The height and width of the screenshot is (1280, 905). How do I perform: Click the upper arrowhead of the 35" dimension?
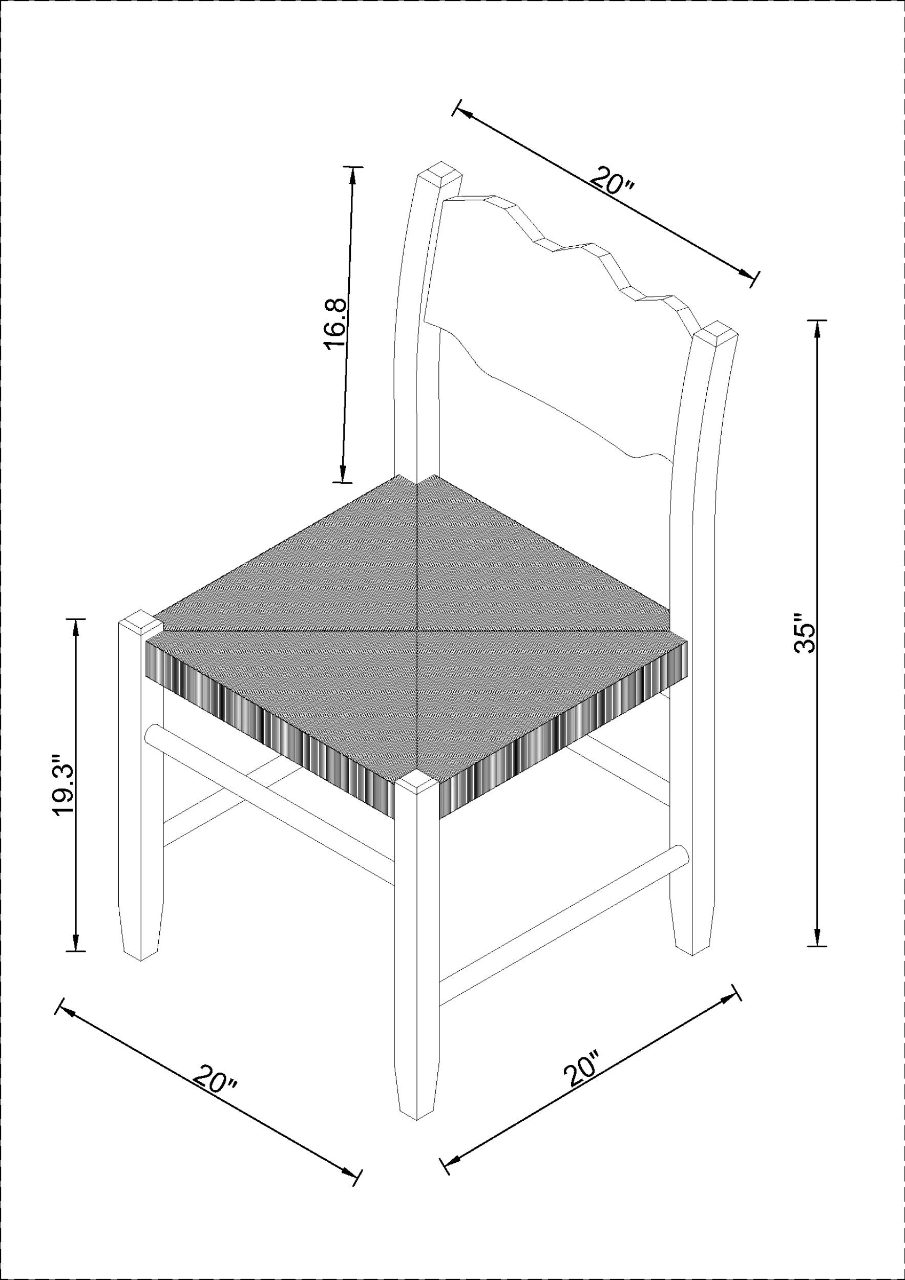(x=817, y=331)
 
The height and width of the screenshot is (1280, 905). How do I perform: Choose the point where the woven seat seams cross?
(x=417, y=630)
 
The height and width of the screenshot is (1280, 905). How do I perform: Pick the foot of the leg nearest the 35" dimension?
(x=693, y=941)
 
